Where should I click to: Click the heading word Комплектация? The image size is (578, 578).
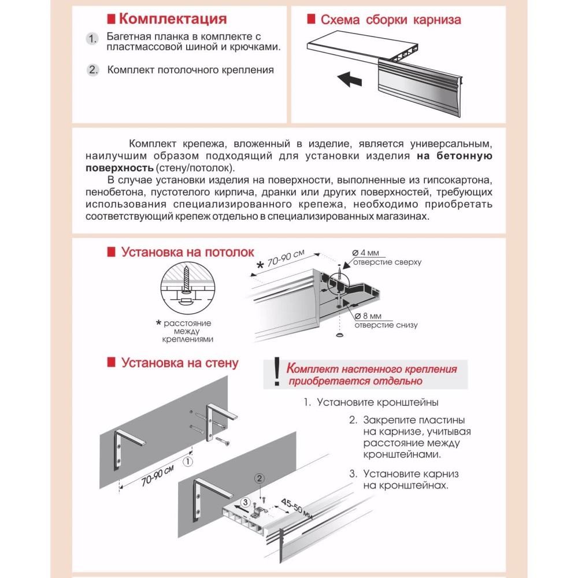tap(172, 19)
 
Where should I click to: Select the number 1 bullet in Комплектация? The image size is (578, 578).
tap(92, 39)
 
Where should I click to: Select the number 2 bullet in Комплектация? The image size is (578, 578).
tap(93, 71)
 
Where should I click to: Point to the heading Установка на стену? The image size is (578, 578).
tap(179, 363)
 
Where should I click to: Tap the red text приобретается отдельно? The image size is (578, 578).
tap(355, 381)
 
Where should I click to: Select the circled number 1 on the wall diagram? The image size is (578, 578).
tap(187, 461)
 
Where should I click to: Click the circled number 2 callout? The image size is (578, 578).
tap(260, 478)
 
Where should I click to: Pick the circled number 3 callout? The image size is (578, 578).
tap(246, 502)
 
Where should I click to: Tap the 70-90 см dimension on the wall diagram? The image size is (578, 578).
tap(149, 477)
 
